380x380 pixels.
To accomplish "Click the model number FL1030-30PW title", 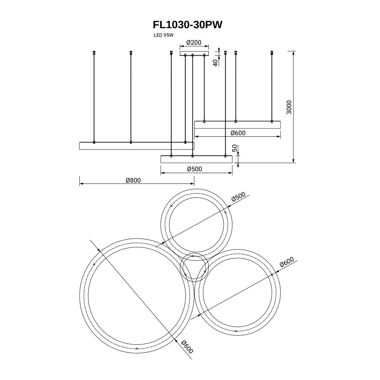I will (x=188, y=25).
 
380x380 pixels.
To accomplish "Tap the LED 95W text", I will (x=163, y=35).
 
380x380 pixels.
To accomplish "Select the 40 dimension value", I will (x=215, y=62).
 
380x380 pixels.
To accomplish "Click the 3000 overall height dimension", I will (x=289, y=107).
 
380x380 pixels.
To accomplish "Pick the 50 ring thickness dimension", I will (x=235, y=148).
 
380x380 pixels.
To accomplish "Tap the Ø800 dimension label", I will (x=133, y=180).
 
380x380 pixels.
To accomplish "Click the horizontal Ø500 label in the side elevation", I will (x=194, y=169).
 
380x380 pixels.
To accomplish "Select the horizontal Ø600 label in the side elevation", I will (x=238, y=133).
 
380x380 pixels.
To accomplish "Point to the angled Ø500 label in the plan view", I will (x=238, y=197).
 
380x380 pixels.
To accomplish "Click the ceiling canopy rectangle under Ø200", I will (x=194, y=53).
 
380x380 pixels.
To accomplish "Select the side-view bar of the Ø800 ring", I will (x=136, y=146).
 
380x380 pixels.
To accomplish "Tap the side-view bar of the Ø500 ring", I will (x=196, y=159).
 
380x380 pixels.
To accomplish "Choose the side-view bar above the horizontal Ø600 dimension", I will (x=238, y=125).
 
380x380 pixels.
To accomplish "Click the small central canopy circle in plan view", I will (x=193, y=267).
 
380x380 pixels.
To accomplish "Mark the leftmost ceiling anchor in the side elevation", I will (x=94, y=52).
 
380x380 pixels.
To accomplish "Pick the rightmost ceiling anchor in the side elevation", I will (x=272, y=52).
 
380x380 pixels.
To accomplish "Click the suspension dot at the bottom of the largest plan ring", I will (x=136, y=348).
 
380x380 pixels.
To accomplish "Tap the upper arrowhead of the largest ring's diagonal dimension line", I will (x=98, y=250).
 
